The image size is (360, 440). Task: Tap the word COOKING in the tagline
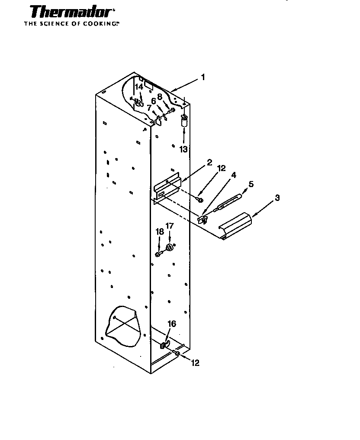click(100, 24)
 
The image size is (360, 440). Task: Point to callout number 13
click(183, 149)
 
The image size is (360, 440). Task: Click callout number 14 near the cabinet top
click(138, 87)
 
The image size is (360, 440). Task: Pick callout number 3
click(277, 197)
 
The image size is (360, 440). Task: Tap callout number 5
click(251, 184)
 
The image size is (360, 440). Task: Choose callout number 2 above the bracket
click(209, 162)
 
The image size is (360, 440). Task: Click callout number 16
click(172, 324)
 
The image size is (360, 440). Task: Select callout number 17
click(170, 226)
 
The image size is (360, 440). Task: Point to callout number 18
click(159, 232)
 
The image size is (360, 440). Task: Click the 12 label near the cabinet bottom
click(195, 363)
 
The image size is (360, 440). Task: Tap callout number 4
click(233, 175)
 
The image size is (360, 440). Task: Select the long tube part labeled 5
click(228, 202)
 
